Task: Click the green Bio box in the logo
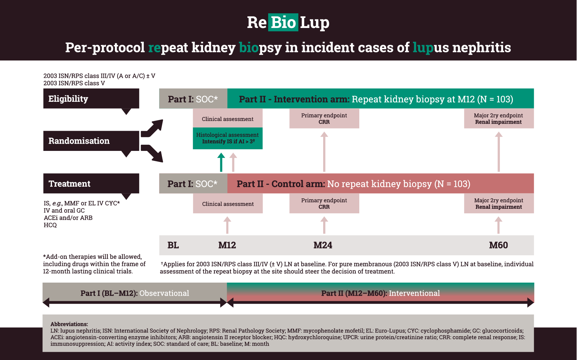tap(283, 22)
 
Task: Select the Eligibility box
tap(91, 99)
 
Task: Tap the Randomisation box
tap(91, 141)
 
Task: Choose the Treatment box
tap(91, 183)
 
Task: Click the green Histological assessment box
tap(227, 138)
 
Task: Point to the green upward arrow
tap(221, 162)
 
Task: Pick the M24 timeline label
tap(323, 245)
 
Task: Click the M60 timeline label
tap(498, 245)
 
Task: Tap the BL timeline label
tap(173, 245)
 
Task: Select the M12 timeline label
tap(227, 245)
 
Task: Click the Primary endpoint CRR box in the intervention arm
tap(324, 118)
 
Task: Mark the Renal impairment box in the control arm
tap(499, 204)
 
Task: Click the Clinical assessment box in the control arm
tap(228, 204)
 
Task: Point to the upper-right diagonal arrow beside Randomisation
tap(152, 128)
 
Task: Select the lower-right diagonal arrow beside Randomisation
tap(152, 153)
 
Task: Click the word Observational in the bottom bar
tap(164, 293)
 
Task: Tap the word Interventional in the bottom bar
tap(414, 293)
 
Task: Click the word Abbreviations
tap(69, 324)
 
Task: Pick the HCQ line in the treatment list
tap(50, 225)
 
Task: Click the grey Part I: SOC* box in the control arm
tap(193, 183)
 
